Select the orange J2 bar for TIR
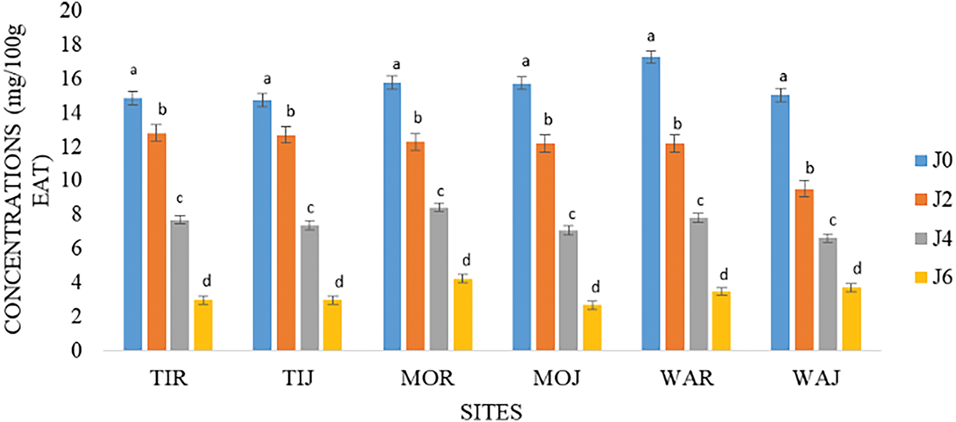pos(156,242)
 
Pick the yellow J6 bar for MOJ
pos(591,327)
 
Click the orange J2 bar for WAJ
pos(804,269)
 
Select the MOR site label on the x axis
pos(428,380)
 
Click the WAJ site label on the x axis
pos(816,380)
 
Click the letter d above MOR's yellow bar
pos(466,260)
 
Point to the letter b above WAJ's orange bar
pos(808,168)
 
